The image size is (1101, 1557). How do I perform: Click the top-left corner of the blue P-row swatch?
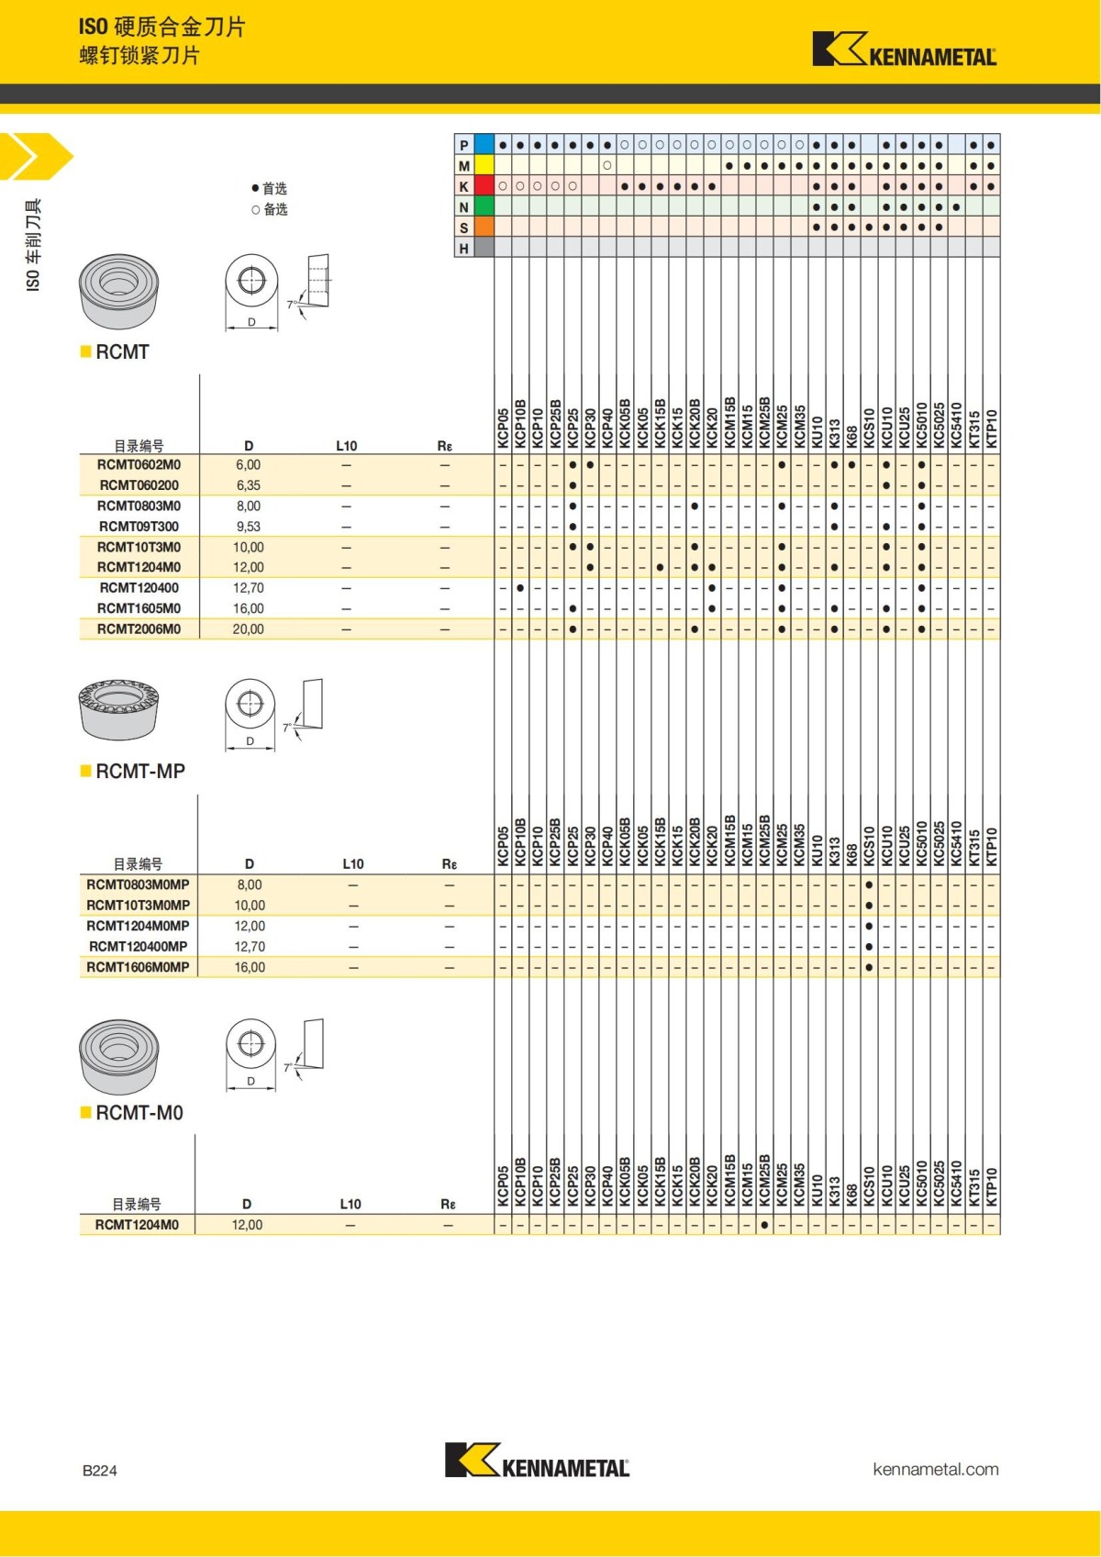474,134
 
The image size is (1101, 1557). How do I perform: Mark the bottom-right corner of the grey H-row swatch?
495,257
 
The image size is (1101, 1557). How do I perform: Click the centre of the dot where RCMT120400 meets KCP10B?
520,588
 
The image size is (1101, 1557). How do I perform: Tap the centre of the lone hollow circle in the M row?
606,165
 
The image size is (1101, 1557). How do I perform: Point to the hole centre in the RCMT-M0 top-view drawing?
250,1043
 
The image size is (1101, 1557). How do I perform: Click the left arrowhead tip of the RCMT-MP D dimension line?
225,750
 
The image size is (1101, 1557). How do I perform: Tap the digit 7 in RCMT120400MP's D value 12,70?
253,947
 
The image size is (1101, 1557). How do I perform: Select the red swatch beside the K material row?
484,185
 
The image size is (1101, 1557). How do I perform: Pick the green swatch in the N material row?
484,206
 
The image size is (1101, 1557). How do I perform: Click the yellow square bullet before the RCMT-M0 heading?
85,1112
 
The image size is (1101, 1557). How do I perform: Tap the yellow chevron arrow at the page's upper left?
36,156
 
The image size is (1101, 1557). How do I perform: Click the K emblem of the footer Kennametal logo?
472,1459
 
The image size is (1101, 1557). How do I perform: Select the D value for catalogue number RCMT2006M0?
248,629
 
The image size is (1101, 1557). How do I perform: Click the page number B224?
99,1470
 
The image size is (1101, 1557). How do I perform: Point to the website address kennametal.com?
936,1469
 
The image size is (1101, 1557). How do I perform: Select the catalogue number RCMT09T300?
139,527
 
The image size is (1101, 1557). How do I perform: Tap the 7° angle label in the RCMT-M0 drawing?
288,1067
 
